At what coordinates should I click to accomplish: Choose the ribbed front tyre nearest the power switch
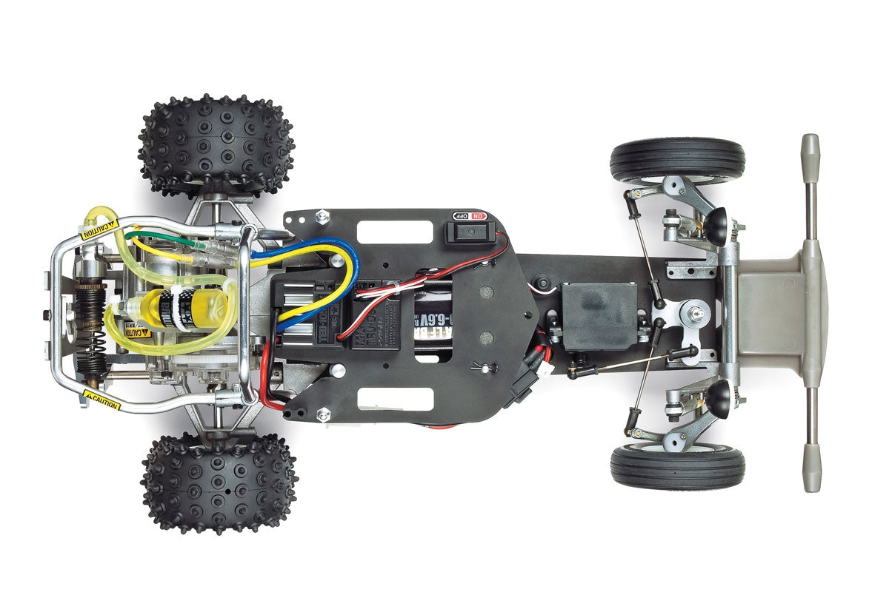point(677,160)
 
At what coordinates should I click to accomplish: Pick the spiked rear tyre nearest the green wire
point(216,144)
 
